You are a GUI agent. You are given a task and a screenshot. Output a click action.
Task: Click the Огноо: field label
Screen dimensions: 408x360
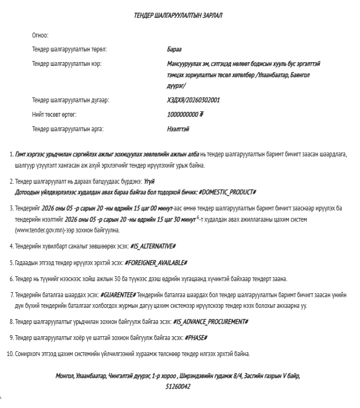pyautogui.click(x=40, y=35)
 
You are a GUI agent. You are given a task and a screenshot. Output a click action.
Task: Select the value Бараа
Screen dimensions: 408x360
pyautogui.click(x=174, y=49)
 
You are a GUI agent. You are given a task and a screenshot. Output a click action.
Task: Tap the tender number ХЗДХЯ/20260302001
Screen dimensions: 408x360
pyautogui.click(x=193, y=100)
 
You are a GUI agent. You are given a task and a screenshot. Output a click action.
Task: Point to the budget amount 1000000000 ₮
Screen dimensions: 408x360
pyautogui.click(x=185, y=115)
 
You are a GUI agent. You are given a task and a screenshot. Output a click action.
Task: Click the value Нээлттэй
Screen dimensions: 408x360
pyautogui.click(x=178, y=129)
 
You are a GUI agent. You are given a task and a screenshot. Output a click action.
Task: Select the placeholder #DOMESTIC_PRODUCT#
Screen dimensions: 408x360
pyautogui.click(x=227, y=192)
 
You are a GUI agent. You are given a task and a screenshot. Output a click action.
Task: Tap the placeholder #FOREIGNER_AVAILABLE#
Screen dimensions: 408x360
pyautogui.click(x=156, y=263)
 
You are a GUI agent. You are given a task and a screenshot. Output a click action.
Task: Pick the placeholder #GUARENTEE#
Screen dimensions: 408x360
pyautogui.click(x=118, y=295)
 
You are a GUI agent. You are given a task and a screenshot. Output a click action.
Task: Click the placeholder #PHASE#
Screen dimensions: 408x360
pyautogui.click(x=196, y=338)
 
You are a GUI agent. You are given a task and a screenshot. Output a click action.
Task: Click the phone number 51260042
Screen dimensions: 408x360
pyautogui.click(x=178, y=386)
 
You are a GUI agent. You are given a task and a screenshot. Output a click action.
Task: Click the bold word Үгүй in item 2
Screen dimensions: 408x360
pyautogui.click(x=149, y=182)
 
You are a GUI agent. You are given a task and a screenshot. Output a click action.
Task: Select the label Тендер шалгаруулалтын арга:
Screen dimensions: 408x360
pyautogui.click(x=67, y=129)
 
